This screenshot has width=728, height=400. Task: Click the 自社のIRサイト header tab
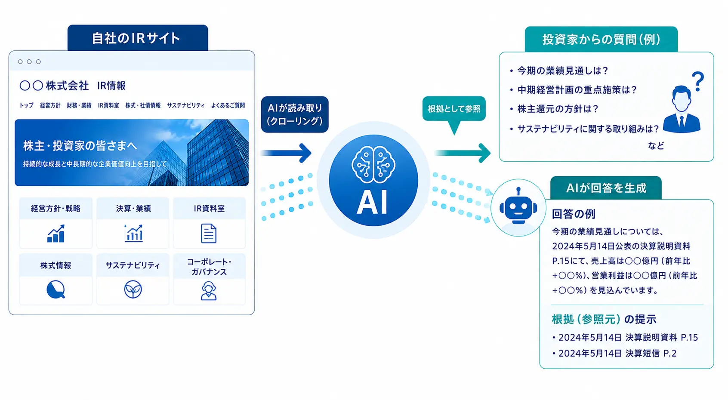[138, 38]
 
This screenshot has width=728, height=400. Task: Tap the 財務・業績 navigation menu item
[79, 105]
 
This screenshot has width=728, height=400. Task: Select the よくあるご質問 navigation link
[228, 105]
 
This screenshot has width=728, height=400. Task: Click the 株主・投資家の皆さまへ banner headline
[80, 146]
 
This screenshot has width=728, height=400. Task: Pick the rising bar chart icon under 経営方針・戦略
[56, 233]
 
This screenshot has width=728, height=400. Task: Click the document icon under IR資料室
[209, 233]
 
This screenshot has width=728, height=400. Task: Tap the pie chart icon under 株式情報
[56, 289]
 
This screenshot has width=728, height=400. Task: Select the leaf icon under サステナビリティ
[133, 289]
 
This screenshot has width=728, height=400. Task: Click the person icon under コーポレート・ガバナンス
[209, 290]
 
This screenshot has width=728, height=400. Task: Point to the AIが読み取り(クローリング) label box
[294, 114]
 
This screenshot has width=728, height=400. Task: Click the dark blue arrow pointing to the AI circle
[286, 153]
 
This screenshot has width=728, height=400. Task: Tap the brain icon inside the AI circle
[373, 165]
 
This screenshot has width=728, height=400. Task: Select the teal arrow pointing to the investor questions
[463, 153]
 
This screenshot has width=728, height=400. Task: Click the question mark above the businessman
[698, 81]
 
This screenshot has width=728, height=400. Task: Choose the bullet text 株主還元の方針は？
[557, 109]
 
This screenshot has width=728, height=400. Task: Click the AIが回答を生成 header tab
[606, 188]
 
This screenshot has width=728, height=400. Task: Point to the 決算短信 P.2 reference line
[617, 353]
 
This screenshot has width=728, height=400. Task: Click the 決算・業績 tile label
[133, 208]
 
